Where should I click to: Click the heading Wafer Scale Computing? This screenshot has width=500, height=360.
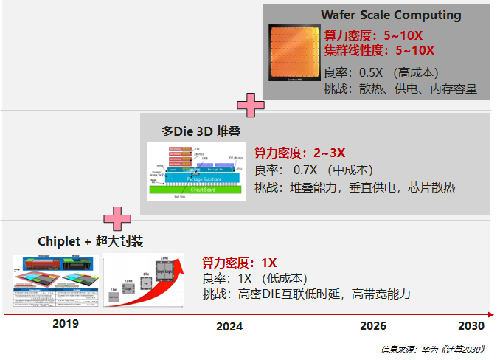391,15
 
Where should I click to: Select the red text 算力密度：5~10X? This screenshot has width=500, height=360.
373,35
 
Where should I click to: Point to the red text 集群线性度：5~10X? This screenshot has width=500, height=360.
379,50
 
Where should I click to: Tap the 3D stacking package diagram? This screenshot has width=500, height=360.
195,170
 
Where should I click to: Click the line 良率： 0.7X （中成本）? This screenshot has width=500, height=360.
313,170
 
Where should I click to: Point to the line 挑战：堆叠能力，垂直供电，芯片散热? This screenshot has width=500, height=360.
355,187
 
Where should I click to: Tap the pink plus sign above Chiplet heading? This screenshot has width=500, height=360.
117,218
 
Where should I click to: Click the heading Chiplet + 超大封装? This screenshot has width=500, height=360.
90,241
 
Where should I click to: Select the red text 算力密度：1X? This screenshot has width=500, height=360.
239,262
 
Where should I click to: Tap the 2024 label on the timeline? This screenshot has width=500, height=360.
229,326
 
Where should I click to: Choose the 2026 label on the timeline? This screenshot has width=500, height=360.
372,326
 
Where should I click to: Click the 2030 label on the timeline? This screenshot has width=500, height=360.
471,326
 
